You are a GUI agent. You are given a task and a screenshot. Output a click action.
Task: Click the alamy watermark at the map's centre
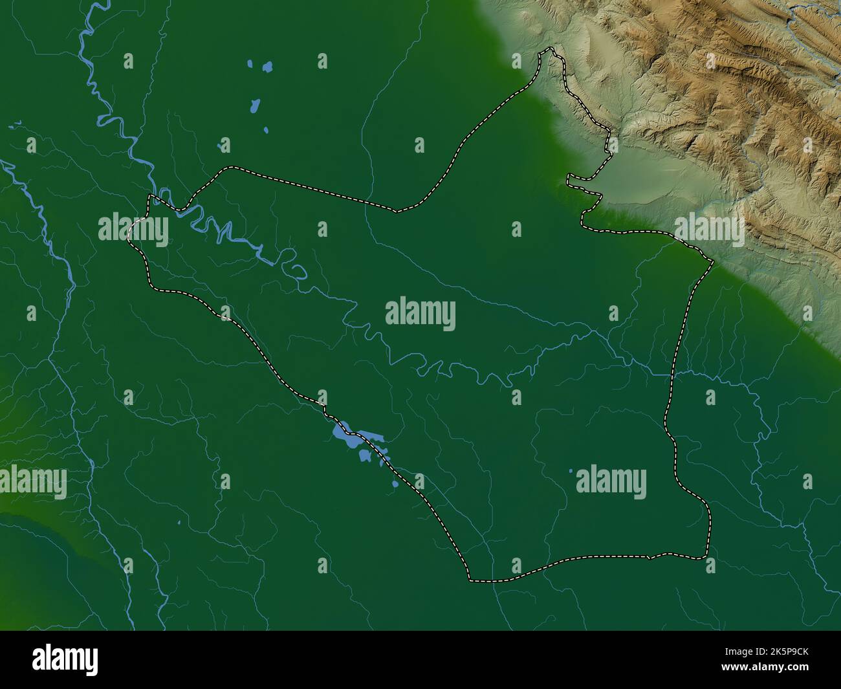[x=420, y=314]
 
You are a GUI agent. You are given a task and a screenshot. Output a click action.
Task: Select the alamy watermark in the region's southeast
[x=611, y=483]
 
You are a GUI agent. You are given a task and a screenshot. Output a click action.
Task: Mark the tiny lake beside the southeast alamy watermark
[x=571, y=472]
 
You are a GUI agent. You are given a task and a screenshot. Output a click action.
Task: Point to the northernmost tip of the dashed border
[x=550, y=49]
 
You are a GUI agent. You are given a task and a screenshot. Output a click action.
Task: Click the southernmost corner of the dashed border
[x=470, y=579]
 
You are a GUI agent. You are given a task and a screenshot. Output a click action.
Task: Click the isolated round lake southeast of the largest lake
[x=395, y=483]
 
